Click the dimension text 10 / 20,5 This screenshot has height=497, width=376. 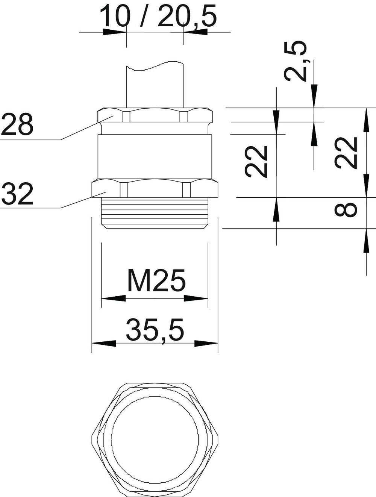click(x=158, y=16)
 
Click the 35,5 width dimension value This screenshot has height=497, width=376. click(x=155, y=330)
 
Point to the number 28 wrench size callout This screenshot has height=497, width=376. click(x=17, y=124)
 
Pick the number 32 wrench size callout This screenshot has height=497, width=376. click(x=17, y=194)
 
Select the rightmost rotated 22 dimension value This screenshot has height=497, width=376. click(x=346, y=153)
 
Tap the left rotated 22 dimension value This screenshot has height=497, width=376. click(x=256, y=161)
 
